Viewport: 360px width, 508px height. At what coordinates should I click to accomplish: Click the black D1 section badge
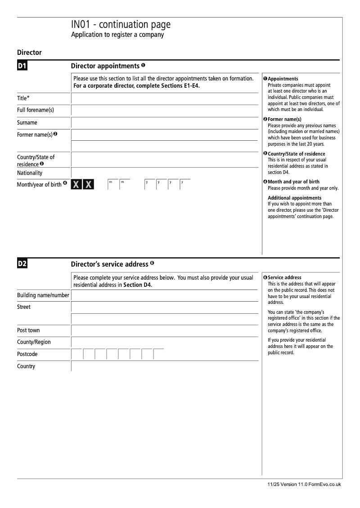[22, 66]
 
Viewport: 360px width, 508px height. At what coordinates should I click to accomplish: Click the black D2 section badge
[22, 264]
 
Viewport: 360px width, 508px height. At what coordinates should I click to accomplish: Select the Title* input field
[165, 98]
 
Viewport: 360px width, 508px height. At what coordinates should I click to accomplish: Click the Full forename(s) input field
[165, 111]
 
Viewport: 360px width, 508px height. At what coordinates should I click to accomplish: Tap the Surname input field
[165, 123]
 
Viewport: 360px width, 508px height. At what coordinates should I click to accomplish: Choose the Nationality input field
[165, 173]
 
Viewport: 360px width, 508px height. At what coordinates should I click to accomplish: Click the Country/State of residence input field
[165, 160]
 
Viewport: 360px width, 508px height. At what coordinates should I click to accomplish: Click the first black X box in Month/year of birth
[76, 185]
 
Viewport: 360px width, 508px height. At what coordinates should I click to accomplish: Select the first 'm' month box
[112, 185]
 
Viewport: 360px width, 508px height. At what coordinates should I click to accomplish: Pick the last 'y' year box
[185, 185]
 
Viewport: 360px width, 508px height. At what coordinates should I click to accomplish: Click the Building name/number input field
[165, 295]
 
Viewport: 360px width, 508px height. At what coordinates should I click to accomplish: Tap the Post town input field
[165, 330]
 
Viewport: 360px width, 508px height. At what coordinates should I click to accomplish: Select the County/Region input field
[165, 342]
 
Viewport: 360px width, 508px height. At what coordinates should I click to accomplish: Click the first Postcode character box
[77, 354]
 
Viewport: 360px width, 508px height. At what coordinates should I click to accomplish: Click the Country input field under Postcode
[165, 366]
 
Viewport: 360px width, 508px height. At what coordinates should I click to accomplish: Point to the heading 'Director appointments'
[105, 66]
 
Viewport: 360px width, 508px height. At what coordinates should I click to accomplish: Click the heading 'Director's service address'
[110, 264]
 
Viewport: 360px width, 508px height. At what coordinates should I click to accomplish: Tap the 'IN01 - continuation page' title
[121, 25]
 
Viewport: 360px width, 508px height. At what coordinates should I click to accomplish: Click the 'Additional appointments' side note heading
[294, 198]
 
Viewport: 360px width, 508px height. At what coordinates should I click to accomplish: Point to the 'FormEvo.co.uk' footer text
[324, 485]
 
